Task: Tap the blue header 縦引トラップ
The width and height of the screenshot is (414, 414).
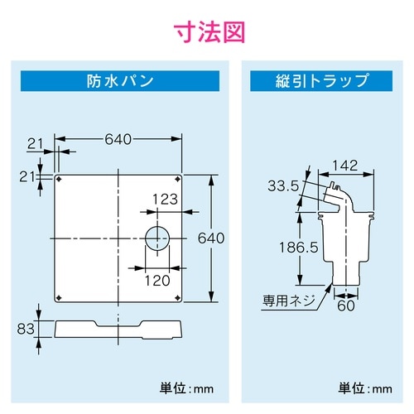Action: pos(321,82)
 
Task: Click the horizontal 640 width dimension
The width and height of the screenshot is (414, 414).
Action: pos(118,139)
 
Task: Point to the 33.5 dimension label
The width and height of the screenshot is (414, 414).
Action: pos(282,185)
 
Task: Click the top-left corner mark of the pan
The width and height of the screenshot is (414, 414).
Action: pos(58,178)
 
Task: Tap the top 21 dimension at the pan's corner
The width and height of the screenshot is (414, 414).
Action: pos(34,144)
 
